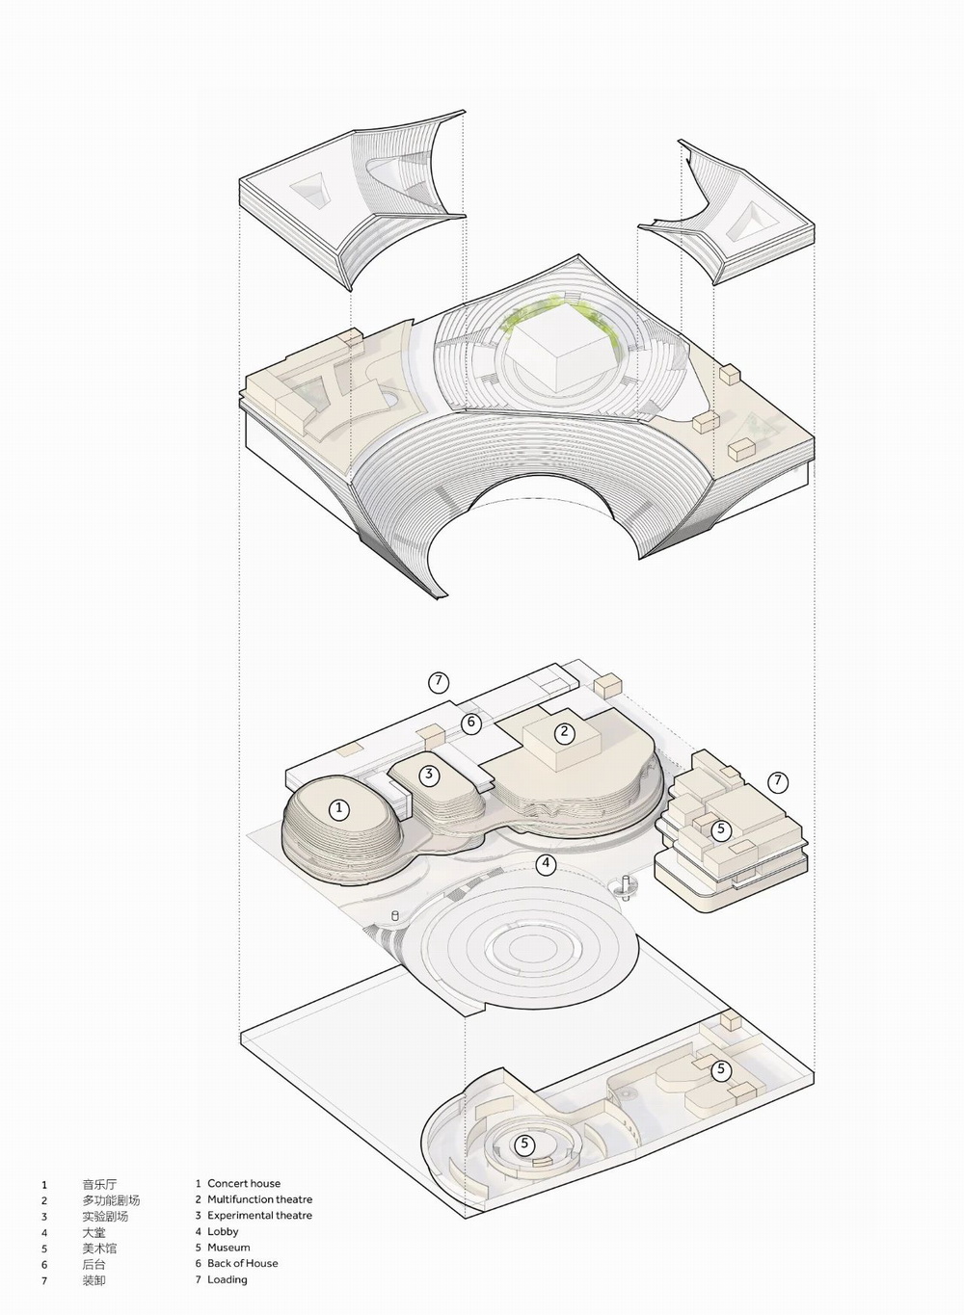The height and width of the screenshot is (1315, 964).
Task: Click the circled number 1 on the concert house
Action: point(338,809)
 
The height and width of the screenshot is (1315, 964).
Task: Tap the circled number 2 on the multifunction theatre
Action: point(565,732)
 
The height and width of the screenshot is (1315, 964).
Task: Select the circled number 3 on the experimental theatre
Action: point(429,775)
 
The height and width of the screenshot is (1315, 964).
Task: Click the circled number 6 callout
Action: point(471,723)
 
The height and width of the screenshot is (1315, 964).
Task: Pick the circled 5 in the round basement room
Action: point(524,1143)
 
